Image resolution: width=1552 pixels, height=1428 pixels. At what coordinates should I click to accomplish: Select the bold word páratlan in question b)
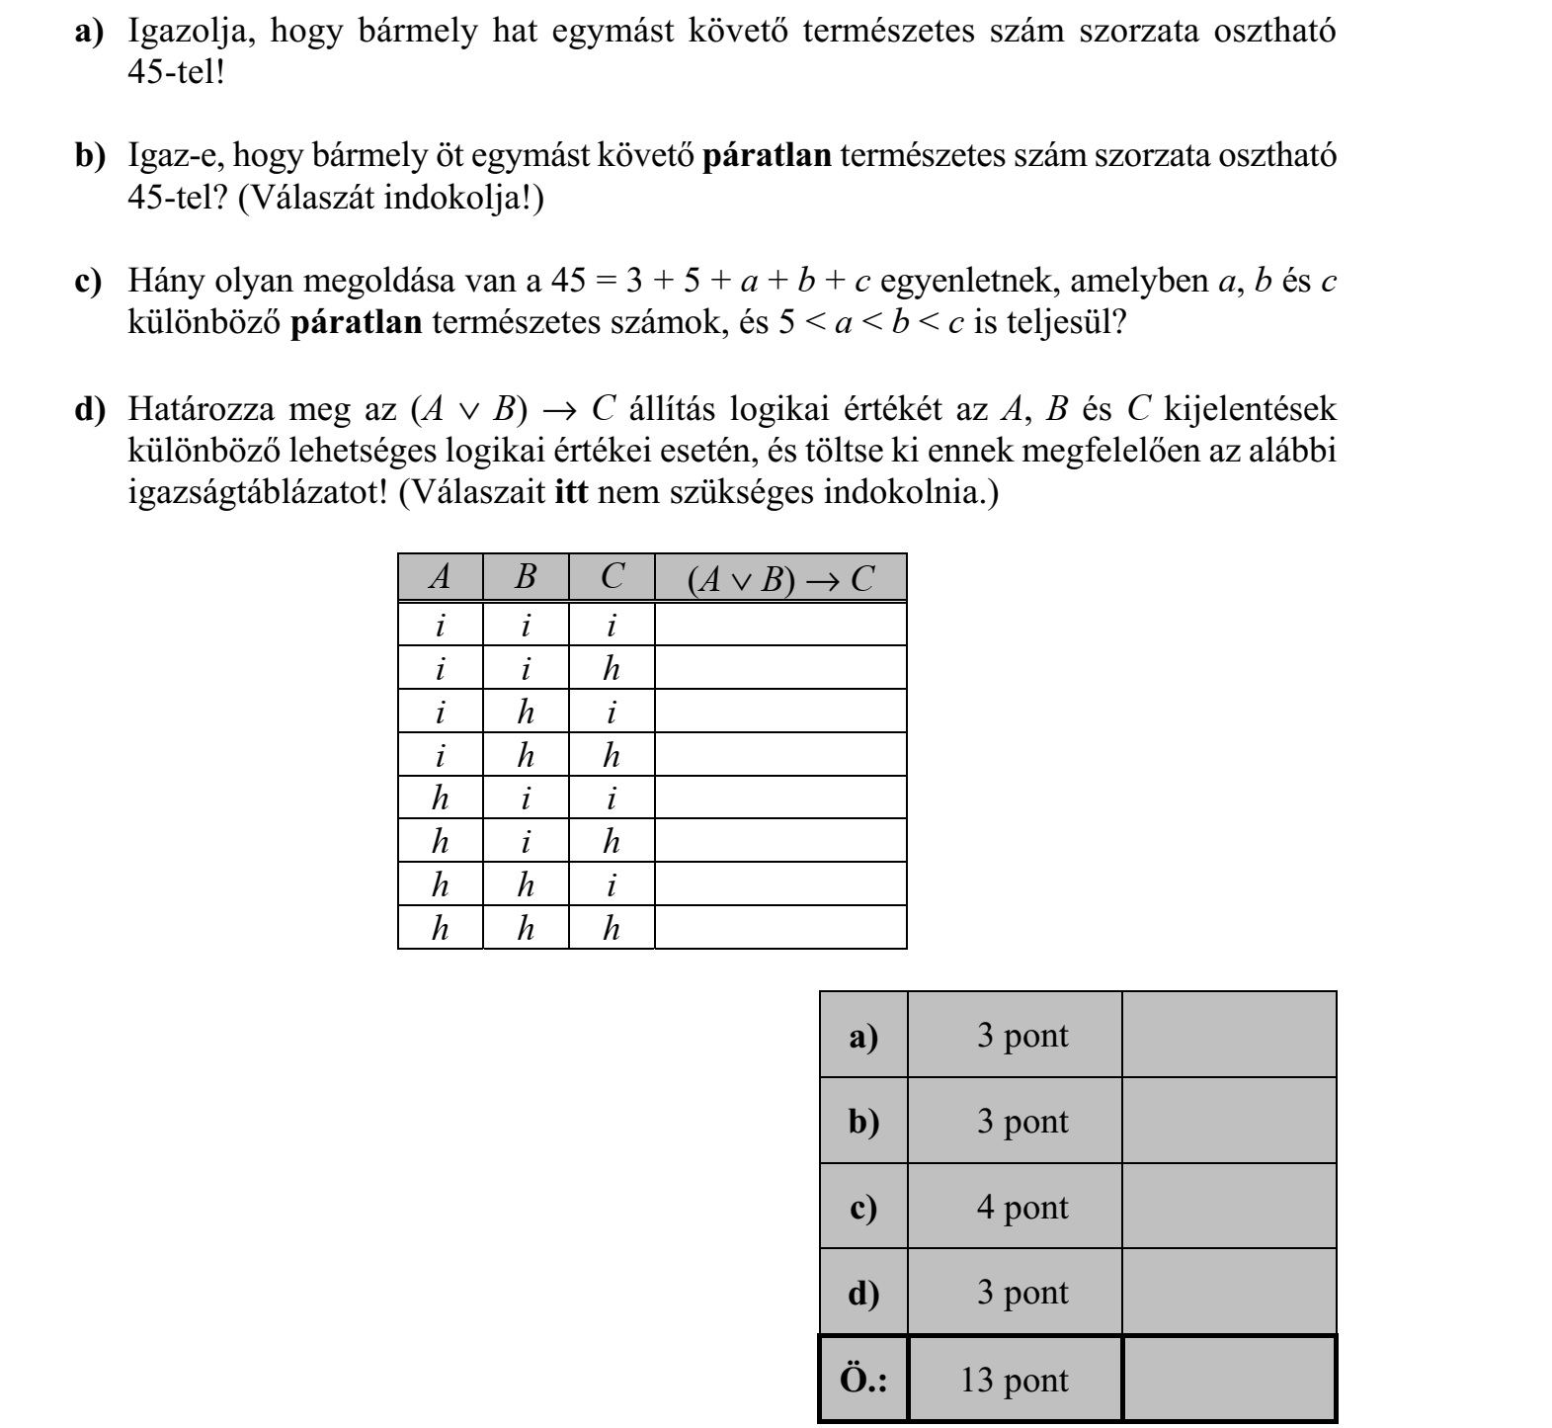pos(767,156)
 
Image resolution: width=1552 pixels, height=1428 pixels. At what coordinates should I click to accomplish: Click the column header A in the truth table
pos(440,577)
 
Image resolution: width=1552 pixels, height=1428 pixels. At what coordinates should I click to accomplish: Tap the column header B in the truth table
pos(526,577)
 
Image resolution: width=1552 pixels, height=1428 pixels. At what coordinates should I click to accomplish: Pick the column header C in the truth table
pos(612,577)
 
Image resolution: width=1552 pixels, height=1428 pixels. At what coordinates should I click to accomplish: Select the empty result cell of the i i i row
pos(780,625)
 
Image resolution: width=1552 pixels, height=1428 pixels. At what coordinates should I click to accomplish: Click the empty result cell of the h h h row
pos(780,928)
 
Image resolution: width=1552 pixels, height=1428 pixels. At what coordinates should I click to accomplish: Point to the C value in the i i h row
pos(612,669)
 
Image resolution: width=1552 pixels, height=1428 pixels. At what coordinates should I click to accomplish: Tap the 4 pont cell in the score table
pos(1021,1207)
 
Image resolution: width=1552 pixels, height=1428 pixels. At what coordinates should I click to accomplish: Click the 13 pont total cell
pos(1014,1380)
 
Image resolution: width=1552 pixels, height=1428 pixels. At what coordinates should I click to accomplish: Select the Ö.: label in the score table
pos(863,1380)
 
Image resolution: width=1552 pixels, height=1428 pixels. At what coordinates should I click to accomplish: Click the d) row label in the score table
pos(863,1293)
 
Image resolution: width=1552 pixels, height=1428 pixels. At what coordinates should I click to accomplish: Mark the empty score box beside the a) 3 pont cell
pos(1229,1035)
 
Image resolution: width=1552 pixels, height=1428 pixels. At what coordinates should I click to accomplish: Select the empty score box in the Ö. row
pos(1229,1380)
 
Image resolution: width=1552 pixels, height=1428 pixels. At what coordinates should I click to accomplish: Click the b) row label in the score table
pos(863,1121)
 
